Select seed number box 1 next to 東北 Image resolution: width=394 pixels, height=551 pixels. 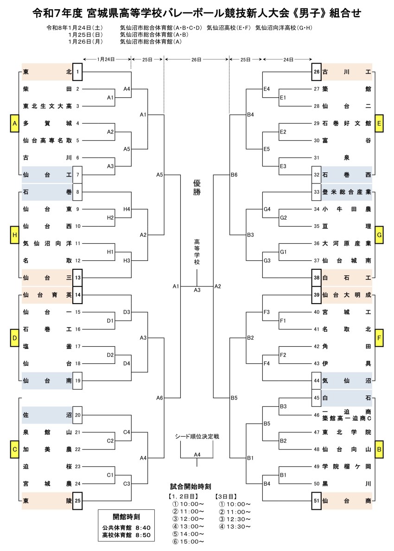78,72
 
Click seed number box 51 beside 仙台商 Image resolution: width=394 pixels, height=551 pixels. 317,500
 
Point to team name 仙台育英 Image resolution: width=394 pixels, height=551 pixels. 47,294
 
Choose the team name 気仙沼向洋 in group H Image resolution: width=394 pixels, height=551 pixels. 47,243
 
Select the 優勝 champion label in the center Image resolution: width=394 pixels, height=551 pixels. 197,188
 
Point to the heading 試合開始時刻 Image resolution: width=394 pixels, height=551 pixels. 191,487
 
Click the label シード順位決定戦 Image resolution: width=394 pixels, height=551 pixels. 197,437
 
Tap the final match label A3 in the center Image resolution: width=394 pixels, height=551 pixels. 197,290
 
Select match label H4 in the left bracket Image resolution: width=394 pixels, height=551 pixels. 127,209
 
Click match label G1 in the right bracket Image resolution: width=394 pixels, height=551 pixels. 284,252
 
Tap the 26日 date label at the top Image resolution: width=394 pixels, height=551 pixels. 197,59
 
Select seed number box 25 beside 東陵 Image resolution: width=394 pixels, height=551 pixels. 78,500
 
